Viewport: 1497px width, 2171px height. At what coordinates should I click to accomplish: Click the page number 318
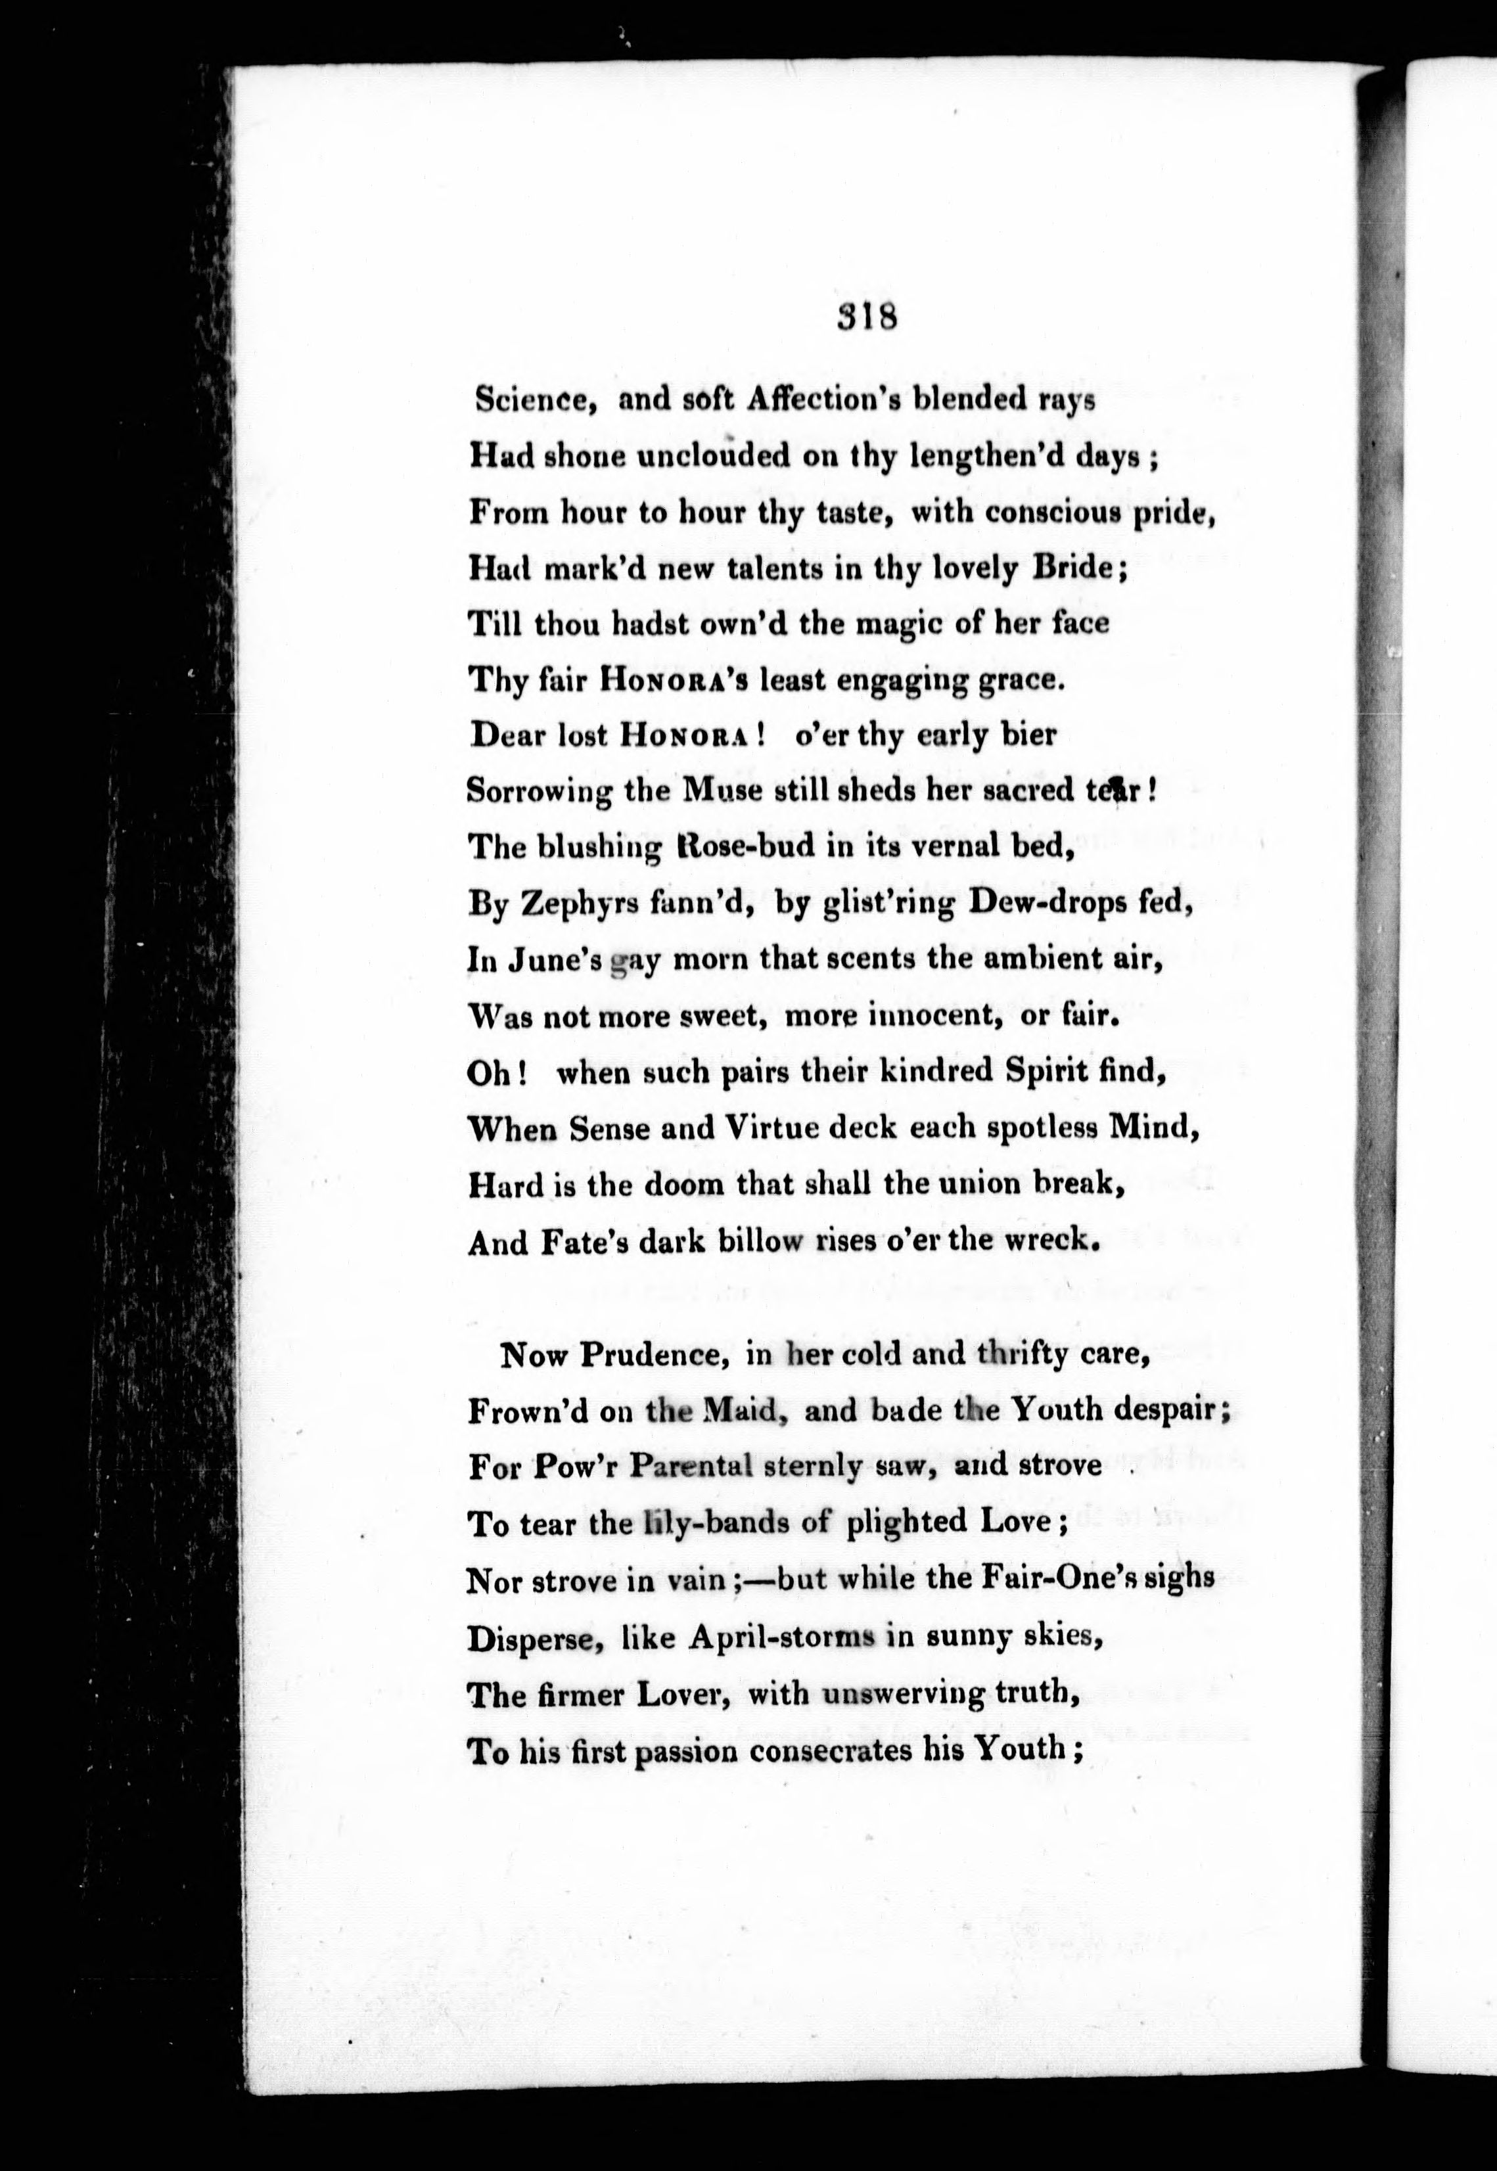[867, 318]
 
